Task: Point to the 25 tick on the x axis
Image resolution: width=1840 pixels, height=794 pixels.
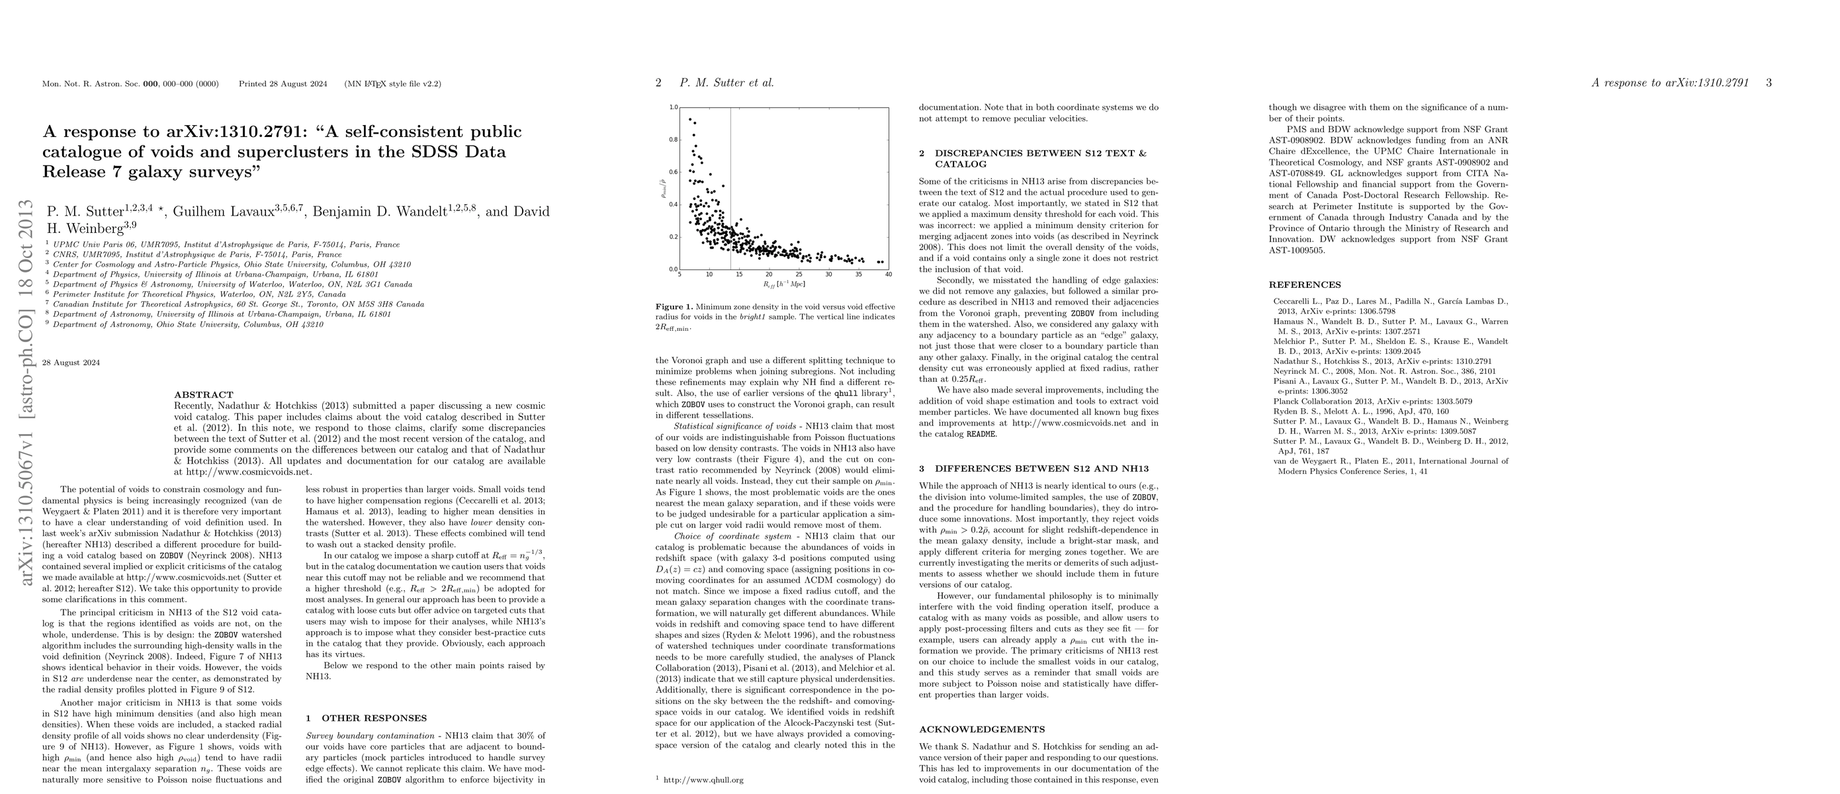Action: click(x=799, y=274)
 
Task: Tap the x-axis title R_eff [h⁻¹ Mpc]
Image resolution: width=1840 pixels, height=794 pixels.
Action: click(x=783, y=284)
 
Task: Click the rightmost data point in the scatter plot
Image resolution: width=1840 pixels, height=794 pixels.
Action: click(x=882, y=262)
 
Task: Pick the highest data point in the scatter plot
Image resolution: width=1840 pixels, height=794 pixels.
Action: click(x=690, y=119)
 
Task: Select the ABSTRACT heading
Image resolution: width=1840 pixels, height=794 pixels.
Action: click(x=204, y=395)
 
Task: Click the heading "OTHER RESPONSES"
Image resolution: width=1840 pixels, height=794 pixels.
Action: click(x=374, y=719)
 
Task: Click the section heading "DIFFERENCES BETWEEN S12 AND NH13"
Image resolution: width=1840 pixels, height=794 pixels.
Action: click(x=1041, y=469)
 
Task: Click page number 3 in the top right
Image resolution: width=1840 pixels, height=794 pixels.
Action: click(x=1769, y=83)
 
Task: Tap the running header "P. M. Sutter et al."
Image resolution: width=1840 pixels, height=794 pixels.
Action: click(x=726, y=83)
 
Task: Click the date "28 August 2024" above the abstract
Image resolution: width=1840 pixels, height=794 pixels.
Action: click(x=71, y=363)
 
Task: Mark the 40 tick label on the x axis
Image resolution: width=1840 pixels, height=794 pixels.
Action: click(x=889, y=274)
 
